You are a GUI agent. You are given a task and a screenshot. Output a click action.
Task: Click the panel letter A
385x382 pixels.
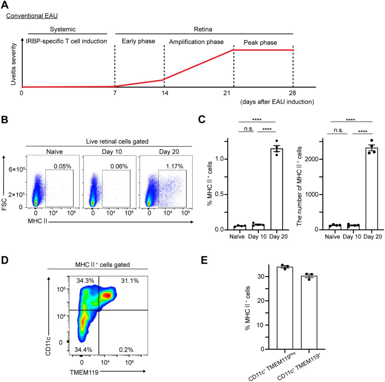coord(5,5)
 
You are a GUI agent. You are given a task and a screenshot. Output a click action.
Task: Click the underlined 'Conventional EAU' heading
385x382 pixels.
coord(32,16)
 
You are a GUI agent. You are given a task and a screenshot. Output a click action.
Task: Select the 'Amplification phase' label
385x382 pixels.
coord(196,42)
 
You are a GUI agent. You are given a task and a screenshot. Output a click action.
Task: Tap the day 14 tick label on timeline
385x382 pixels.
coord(165,93)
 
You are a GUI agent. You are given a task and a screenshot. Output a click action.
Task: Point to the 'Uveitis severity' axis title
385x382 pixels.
coord(13,64)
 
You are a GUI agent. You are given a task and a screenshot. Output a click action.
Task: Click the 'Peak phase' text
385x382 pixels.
coord(260,42)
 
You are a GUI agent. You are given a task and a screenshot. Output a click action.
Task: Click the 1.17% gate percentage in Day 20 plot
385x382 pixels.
coord(174,166)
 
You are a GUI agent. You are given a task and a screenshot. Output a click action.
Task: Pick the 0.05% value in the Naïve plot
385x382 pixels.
coord(62,166)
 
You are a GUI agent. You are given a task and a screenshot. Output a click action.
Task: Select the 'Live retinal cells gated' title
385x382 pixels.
coord(117,141)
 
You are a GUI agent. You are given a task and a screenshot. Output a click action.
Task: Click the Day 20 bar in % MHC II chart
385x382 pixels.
coord(277,190)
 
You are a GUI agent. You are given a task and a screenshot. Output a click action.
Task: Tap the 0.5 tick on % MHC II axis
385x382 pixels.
coord(220,194)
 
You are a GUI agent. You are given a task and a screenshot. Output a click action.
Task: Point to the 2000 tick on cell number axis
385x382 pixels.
coord(312,159)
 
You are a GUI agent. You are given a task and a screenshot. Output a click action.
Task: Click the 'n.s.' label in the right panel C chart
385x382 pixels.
coord(338,130)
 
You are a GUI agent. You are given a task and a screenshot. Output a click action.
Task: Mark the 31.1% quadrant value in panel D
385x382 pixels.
coord(130,281)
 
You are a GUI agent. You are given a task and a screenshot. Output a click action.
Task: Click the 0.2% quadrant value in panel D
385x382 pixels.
coord(126,349)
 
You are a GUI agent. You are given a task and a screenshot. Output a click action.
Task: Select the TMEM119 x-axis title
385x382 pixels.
coord(84,372)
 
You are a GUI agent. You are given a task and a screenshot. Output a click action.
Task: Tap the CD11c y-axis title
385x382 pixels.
coord(48,346)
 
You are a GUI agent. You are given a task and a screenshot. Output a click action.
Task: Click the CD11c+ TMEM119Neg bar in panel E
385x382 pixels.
coord(285,309)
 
